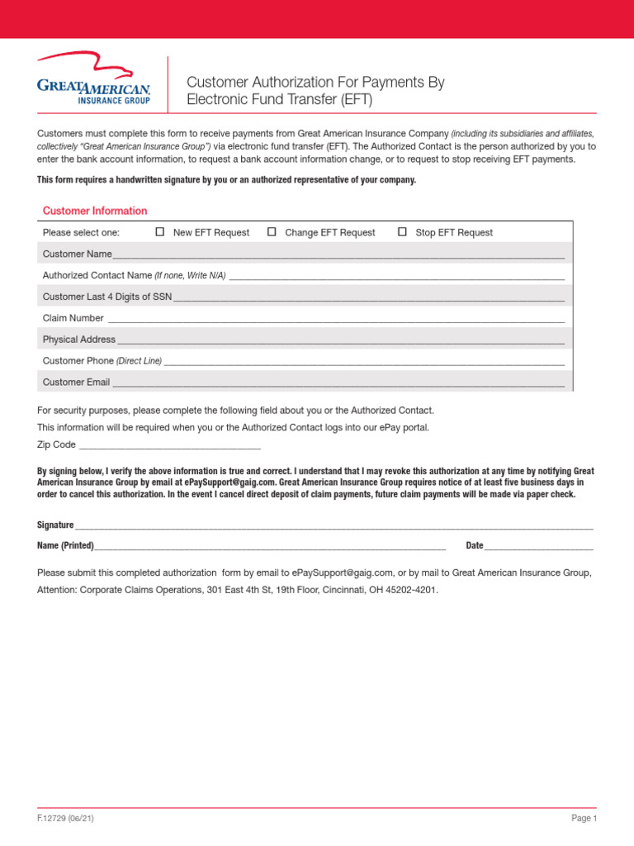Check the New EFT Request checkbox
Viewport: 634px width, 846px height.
(x=160, y=232)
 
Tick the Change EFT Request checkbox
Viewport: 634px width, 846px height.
(x=272, y=232)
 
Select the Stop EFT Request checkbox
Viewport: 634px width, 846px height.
(x=402, y=232)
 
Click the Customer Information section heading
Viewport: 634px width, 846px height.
(x=95, y=211)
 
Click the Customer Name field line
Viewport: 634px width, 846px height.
(x=338, y=255)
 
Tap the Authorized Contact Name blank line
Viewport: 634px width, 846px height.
(x=396, y=277)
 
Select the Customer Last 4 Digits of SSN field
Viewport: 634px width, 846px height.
(x=368, y=298)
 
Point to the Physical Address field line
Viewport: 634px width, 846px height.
(x=340, y=341)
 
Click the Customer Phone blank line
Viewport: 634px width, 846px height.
(x=364, y=363)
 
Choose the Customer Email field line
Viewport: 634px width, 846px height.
(x=338, y=384)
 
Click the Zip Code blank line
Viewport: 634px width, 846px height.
(x=169, y=446)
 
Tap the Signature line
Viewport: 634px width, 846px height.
(x=334, y=527)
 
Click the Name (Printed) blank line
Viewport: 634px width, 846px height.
(x=270, y=548)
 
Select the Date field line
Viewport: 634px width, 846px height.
(x=538, y=548)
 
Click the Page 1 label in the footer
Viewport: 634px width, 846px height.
(x=583, y=818)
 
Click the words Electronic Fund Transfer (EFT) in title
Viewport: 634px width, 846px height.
(x=280, y=101)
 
